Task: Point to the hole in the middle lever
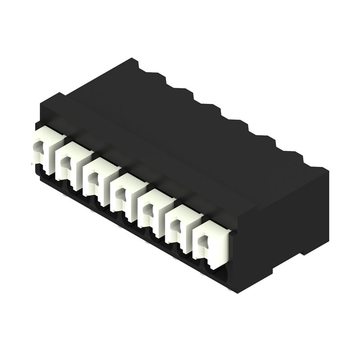click(119, 194)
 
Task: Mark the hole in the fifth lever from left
click(147, 210)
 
